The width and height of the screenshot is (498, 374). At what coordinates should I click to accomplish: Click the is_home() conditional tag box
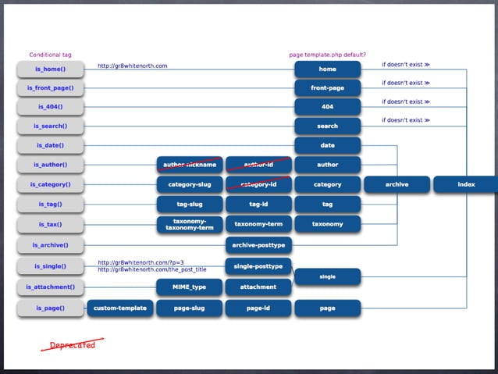click(50, 69)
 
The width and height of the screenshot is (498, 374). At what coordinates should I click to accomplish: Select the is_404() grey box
click(50, 107)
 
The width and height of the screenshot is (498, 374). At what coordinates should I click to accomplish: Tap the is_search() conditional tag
click(50, 126)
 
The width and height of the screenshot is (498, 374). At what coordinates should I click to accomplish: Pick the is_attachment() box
click(50, 287)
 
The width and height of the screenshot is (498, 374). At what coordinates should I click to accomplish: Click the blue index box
click(466, 184)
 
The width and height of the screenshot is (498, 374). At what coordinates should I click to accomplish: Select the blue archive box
click(397, 184)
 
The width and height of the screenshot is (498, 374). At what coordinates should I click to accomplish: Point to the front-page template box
click(327, 88)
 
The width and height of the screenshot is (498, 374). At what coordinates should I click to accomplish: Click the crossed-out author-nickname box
click(190, 165)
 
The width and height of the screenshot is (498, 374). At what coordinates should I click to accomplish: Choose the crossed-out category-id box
click(258, 184)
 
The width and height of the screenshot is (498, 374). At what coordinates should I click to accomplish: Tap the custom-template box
click(120, 308)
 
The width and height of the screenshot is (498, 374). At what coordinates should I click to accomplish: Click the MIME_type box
click(190, 287)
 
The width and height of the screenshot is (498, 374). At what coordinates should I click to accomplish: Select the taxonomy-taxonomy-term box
click(190, 224)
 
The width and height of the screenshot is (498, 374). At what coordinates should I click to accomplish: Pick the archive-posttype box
click(258, 245)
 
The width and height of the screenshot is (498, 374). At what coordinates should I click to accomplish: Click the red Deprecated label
click(72, 345)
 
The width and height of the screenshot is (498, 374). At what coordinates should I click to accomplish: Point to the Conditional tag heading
click(50, 55)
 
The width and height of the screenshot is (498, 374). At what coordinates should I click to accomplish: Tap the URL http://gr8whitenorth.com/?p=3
click(141, 262)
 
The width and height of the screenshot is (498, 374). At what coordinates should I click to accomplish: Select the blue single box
click(327, 276)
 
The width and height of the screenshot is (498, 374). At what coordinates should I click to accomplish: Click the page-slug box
click(190, 308)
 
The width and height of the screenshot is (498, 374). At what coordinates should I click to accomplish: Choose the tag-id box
click(258, 205)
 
